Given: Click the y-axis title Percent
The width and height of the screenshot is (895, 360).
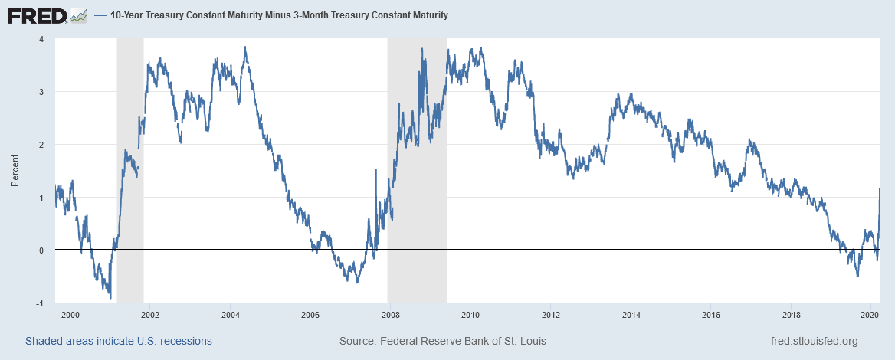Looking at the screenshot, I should coord(15,171).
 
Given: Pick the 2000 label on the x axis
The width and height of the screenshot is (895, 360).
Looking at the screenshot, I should coord(70,315).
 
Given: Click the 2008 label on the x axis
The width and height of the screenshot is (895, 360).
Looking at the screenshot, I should coord(390,315).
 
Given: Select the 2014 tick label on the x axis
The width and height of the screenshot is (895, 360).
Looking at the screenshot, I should coord(631,315).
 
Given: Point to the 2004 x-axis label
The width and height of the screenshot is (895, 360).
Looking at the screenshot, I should coord(230,315).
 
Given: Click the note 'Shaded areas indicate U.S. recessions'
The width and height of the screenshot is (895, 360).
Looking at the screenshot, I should coord(119,341).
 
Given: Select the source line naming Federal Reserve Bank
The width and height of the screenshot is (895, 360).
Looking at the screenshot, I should coord(443,341).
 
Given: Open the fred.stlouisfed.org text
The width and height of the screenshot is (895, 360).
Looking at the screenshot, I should coord(813,341).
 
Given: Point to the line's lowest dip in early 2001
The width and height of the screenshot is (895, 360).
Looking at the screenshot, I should coord(110,298).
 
